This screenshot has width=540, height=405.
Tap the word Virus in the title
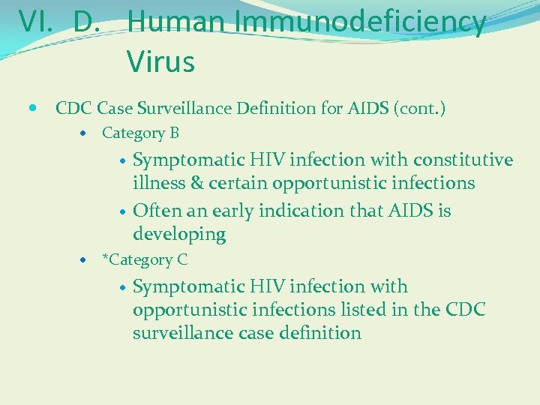point(160,61)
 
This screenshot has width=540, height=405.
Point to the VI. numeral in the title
point(36,22)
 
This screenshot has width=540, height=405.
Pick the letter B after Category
point(174,133)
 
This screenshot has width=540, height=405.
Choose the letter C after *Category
point(182,260)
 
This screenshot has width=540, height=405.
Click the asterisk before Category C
point(106,259)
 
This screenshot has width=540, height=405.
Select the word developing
point(179,235)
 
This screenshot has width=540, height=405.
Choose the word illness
point(160,183)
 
